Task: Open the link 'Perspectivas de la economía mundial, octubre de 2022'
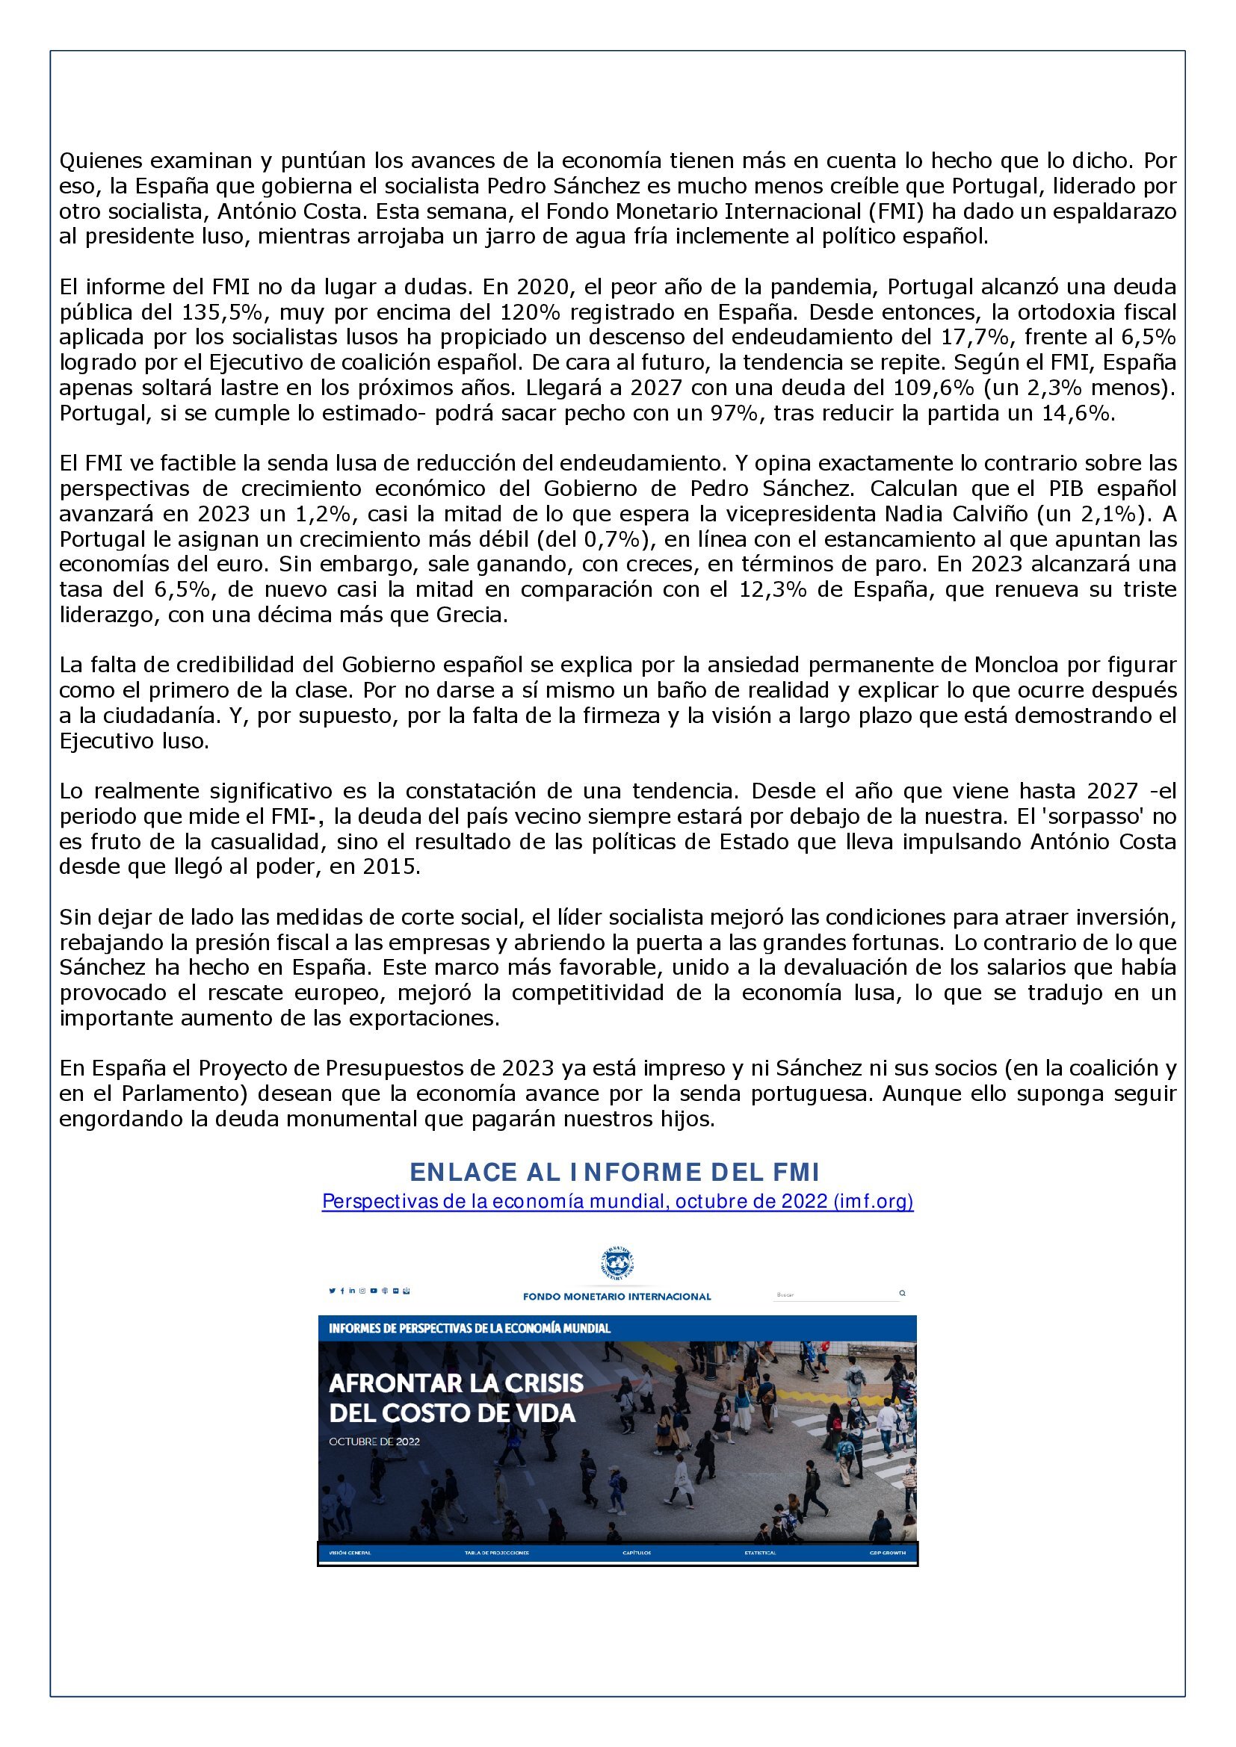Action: tap(617, 1202)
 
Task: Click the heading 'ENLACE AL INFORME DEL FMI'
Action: tap(617, 1172)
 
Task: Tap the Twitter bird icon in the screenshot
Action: tap(332, 1291)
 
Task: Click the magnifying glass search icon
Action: tap(903, 1293)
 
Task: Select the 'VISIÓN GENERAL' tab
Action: tap(349, 1553)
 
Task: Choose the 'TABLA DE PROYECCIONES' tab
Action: tap(496, 1553)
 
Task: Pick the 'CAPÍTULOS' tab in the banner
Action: tap(636, 1553)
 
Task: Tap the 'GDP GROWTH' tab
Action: tap(889, 1553)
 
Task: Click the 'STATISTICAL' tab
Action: tap(760, 1553)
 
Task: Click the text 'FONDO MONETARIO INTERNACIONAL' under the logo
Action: tap(617, 1297)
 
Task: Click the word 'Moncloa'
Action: tap(1016, 665)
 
